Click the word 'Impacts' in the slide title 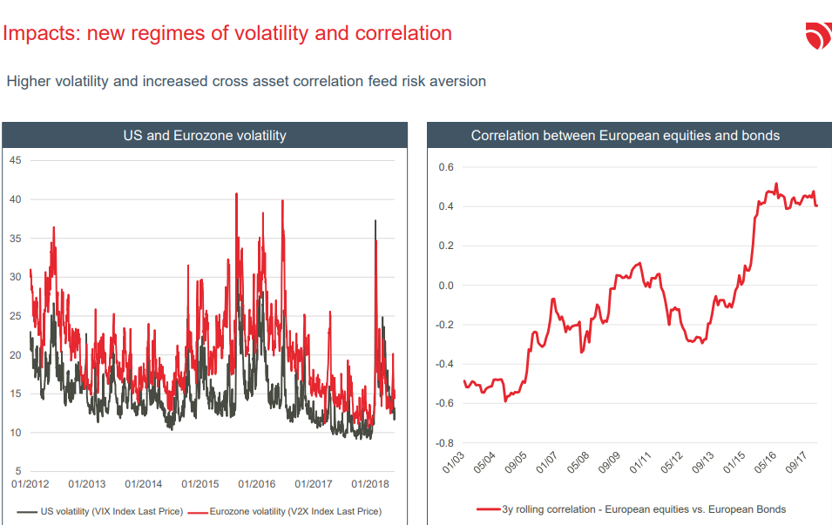tap(40, 34)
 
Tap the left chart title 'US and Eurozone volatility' tap(204, 135)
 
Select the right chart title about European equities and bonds tap(625, 135)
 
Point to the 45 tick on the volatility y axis tap(15, 160)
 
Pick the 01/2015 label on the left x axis tap(200, 484)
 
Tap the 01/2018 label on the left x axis tap(370, 484)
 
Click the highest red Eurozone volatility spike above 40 tap(237, 194)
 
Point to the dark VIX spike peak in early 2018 tap(375, 221)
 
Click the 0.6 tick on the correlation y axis tap(446, 167)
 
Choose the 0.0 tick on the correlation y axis tap(446, 286)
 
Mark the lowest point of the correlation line tap(505, 400)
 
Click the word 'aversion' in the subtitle tap(457, 81)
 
